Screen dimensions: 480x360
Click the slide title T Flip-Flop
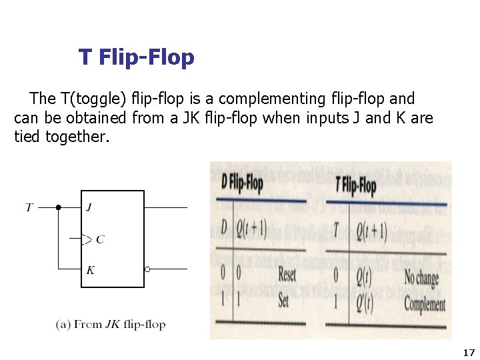coord(136,57)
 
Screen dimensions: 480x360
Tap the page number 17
coord(468,352)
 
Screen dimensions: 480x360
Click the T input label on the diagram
coord(29,207)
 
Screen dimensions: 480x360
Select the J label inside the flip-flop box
coord(89,207)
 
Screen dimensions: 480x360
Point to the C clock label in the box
coord(100,239)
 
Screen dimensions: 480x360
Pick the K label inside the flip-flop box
coord(90,270)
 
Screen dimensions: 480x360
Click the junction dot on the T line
coord(59,207)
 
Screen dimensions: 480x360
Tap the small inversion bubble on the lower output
coord(147,269)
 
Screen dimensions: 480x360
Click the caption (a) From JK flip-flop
coord(111,325)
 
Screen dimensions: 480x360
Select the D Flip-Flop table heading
coord(242,181)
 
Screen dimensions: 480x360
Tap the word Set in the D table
coord(283,301)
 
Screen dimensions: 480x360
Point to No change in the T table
coord(421,277)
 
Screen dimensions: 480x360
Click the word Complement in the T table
coord(425,305)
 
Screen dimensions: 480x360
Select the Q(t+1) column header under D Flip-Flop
coord(252,229)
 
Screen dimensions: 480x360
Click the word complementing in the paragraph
coord(273,99)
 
